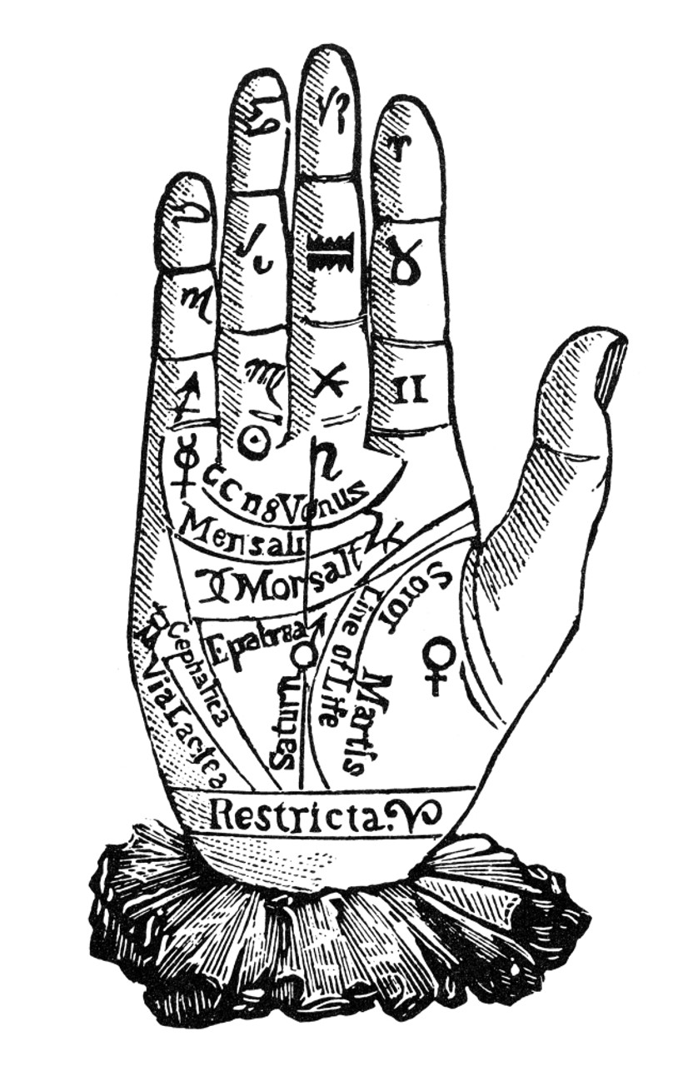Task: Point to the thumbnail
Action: [x=613, y=367]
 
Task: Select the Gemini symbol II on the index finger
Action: [x=409, y=388]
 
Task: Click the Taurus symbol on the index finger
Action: [x=406, y=262]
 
